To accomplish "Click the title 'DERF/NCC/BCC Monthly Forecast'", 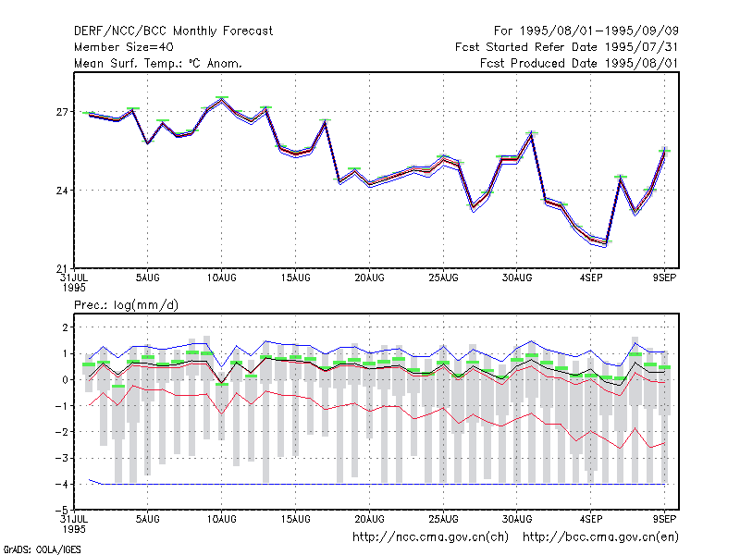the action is point(173,31).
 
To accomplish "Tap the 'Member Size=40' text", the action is point(124,47).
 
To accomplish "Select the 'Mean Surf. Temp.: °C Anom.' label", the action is point(158,63).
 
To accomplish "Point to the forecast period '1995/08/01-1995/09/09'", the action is point(599,31).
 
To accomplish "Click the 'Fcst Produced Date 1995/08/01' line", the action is point(579,63).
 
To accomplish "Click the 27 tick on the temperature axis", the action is point(62,112).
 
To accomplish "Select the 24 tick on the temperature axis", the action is point(62,191).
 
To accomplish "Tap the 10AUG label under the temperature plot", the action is point(221,278).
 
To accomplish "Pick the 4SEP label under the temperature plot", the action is point(591,278).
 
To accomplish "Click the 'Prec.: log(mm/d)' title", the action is point(126,305).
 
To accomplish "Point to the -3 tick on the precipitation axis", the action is point(62,458).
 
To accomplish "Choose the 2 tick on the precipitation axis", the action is point(65,327).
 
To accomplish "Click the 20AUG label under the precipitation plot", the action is point(369,519).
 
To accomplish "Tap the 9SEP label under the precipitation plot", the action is point(664,519).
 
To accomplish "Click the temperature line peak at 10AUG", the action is point(221,100).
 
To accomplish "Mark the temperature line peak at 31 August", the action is point(531,134).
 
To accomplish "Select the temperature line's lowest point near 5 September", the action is point(606,243).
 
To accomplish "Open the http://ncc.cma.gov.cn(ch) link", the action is point(430,537).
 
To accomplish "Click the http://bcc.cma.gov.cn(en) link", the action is point(600,537).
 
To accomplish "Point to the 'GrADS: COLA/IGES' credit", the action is point(43,549).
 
